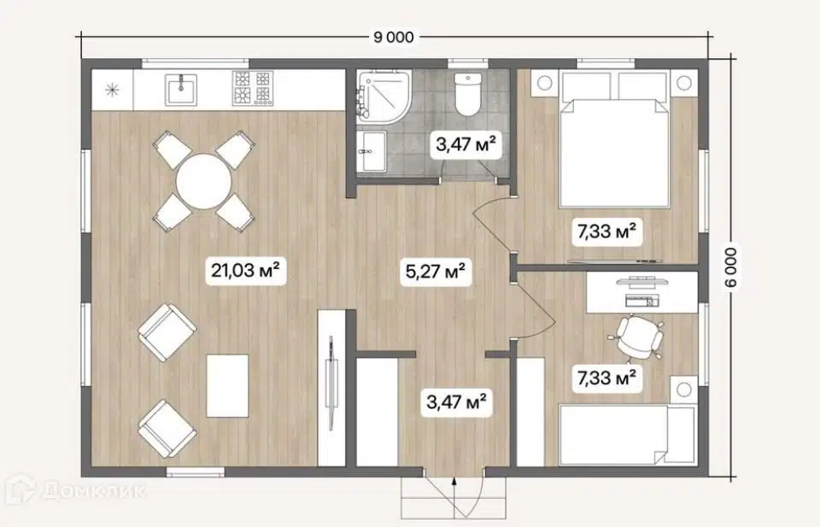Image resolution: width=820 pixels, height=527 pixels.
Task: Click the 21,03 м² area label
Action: (x=245, y=270)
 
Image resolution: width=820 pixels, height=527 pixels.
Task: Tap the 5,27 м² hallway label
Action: (x=436, y=271)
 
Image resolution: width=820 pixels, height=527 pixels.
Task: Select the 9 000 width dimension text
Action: (x=393, y=37)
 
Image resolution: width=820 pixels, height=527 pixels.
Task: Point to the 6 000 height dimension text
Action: (x=730, y=267)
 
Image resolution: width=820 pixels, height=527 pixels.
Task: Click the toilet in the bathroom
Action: (x=467, y=94)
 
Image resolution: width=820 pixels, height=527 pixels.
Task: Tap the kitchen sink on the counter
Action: (x=181, y=90)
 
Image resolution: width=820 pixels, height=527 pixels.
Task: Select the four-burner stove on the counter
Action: (x=253, y=87)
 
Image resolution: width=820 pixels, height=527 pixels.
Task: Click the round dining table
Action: (x=203, y=181)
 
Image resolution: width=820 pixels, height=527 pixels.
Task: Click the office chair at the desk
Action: (x=639, y=337)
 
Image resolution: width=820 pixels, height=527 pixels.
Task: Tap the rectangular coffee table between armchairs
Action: (x=227, y=386)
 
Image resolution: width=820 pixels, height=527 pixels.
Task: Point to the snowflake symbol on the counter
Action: (x=112, y=90)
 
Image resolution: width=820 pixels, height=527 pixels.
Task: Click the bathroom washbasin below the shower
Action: (x=372, y=151)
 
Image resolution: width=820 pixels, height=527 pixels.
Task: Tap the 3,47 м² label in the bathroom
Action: (x=466, y=144)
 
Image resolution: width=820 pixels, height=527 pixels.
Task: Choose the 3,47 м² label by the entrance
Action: (x=456, y=402)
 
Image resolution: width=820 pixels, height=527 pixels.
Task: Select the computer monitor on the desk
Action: (x=641, y=282)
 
